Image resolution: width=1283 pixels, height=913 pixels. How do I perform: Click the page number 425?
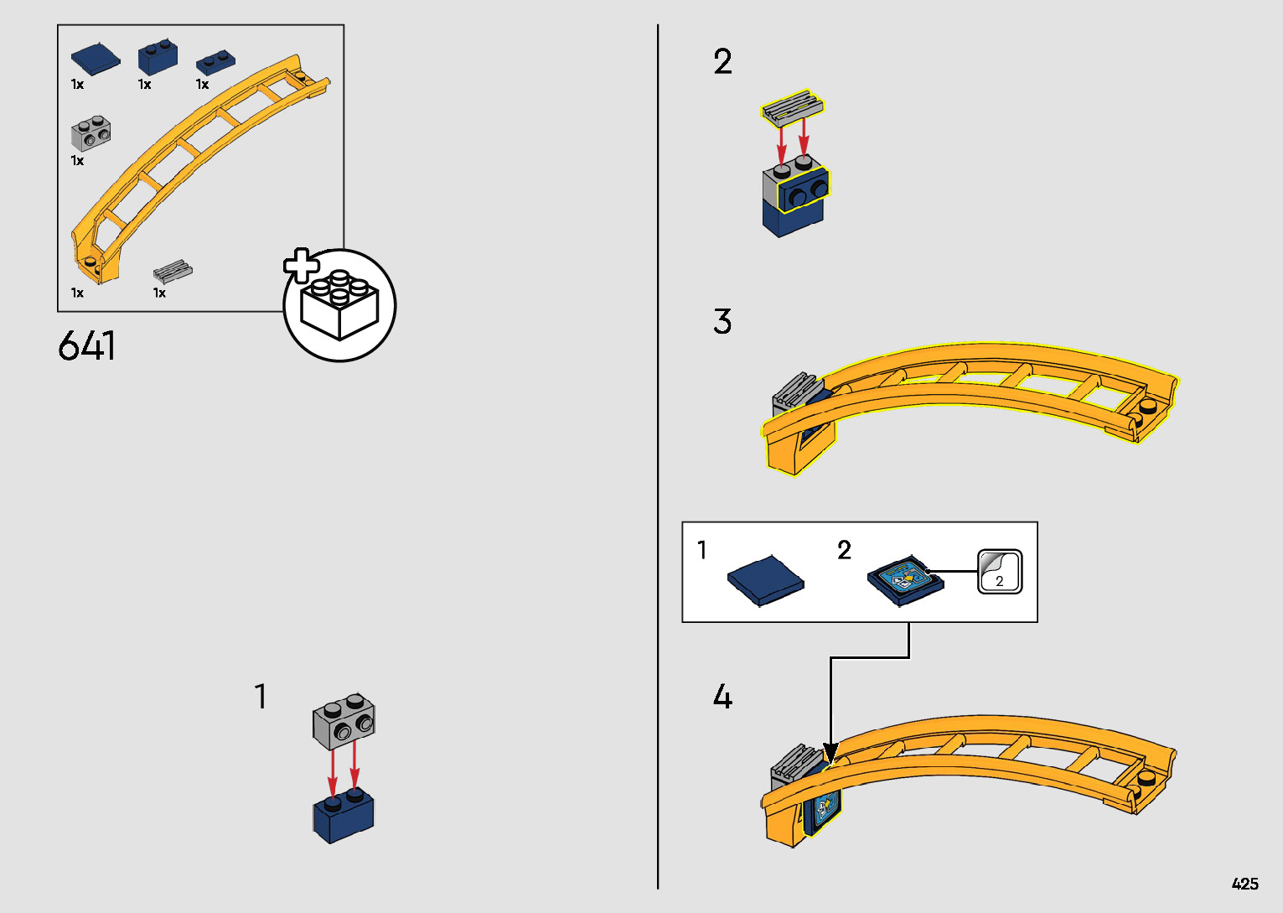[1244, 884]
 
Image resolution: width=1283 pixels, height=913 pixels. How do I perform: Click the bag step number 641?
[87, 345]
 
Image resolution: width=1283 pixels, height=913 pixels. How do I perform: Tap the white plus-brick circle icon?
[339, 306]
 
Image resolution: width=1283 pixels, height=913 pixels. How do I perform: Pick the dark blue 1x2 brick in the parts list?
[158, 57]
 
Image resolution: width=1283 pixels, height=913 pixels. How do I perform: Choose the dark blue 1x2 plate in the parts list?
[215, 63]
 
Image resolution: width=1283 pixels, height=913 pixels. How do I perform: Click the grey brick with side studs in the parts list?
[91, 134]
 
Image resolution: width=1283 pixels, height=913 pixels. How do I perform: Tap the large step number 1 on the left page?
[261, 697]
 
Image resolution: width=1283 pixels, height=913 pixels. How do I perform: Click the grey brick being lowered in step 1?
[344, 721]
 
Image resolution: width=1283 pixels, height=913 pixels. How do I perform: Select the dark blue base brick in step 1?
[344, 817]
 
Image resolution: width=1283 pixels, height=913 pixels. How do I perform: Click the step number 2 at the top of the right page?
[722, 62]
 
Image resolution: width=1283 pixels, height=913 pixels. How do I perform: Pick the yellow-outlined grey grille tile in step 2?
[793, 106]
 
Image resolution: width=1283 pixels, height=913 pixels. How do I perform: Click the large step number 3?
[722, 322]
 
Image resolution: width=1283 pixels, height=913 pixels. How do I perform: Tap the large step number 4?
[722, 697]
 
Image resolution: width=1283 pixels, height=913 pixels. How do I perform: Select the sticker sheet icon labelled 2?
[999, 572]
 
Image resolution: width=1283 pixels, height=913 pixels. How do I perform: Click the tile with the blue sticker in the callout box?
[905, 579]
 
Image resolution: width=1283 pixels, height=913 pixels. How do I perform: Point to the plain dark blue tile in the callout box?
[765, 579]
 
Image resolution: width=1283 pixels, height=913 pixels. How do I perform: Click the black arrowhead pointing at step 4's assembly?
[830, 753]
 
